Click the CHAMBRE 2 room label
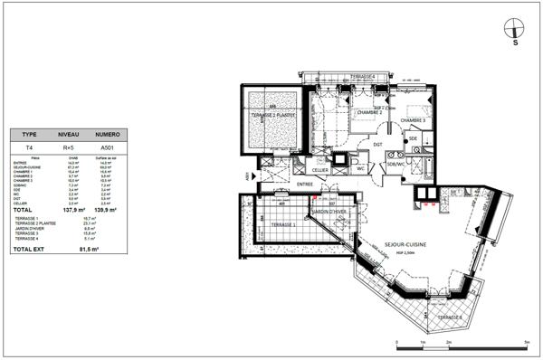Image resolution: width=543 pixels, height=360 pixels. point(369,113)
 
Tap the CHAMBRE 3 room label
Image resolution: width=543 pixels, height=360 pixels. point(414,120)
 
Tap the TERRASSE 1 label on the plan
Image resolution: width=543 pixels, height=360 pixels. point(283,223)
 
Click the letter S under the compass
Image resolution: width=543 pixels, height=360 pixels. point(515,43)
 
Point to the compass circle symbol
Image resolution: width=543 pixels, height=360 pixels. point(515,27)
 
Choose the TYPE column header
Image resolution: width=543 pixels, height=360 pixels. point(29,132)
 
